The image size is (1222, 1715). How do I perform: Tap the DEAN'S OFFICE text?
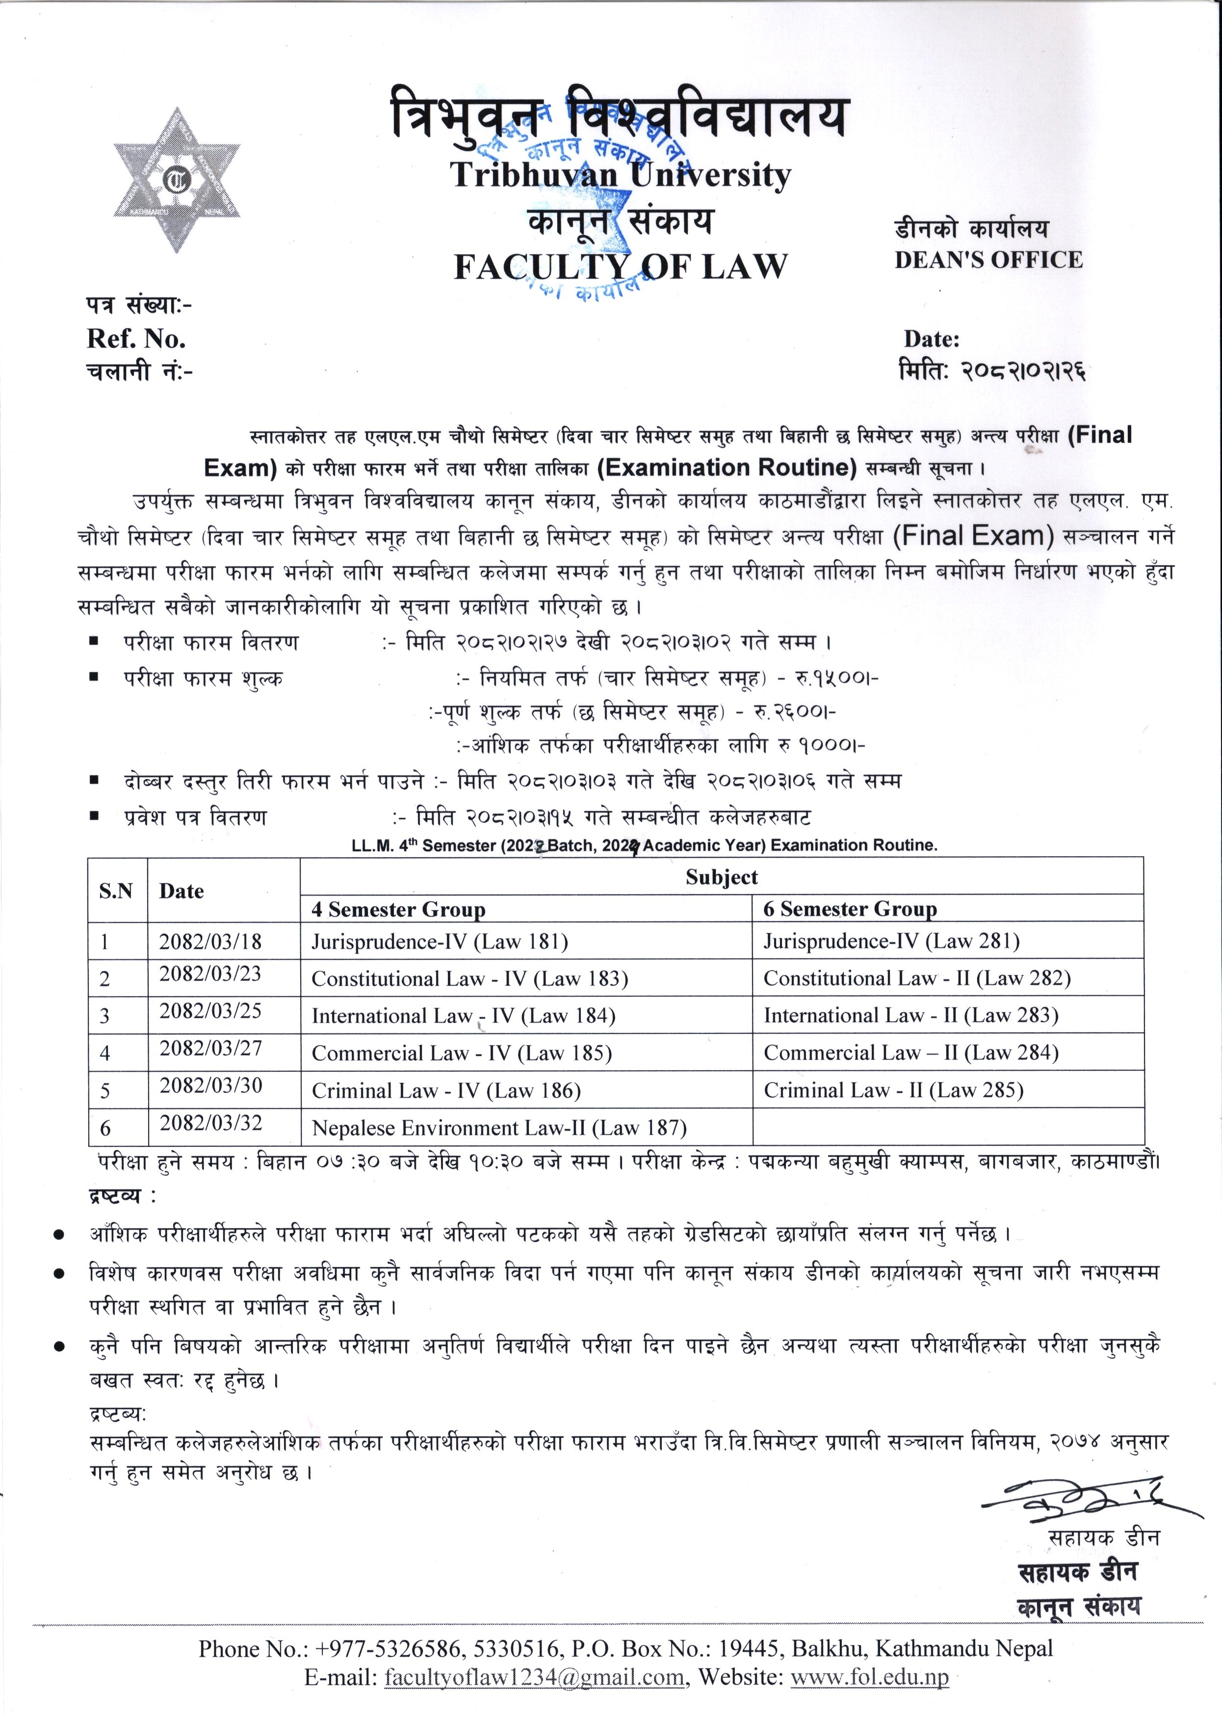click(x=988, y=260)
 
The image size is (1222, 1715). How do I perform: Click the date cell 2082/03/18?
click(x=210, y=941)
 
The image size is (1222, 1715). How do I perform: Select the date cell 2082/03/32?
click(x=210, y=1124)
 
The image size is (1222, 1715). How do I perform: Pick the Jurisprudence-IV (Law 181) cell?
click(x=440, y=941)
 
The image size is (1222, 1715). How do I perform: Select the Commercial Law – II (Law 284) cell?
click(x=910, y=1053)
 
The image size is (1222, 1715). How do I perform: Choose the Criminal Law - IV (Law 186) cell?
click(x=446, y=1090)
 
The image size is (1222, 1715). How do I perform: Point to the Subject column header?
click(x=721, y=877)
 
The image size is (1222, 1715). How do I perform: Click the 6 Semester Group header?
click(x=850, y=909)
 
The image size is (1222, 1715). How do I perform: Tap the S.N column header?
click(x=116, y=891)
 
